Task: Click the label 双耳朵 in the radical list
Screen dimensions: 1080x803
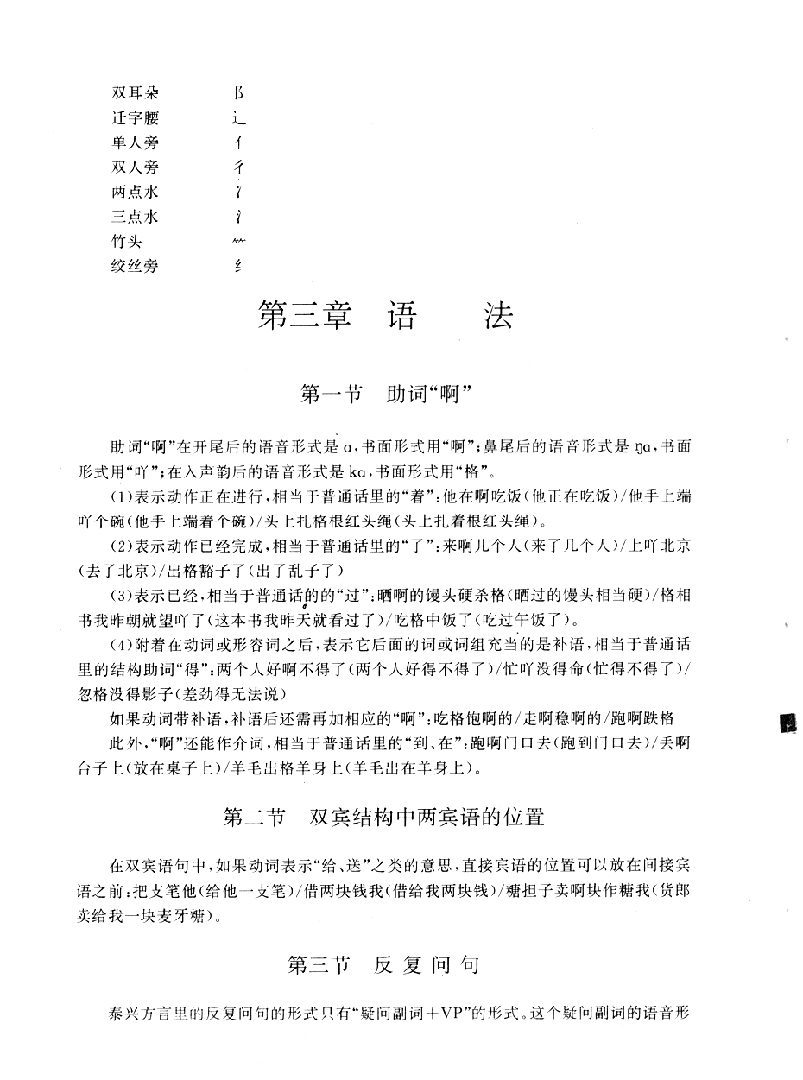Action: click(136, 92)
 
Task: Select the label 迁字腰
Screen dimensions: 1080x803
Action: click(136, 117)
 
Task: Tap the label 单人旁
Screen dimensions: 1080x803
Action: click(136, 142)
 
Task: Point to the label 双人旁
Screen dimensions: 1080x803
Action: click(136, 167)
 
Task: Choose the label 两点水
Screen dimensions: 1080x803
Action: click(136, 192)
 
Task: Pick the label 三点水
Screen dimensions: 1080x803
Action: click(136, 217)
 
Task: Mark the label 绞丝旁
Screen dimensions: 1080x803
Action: click(136, 266)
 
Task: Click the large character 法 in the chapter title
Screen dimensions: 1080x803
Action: click(496, 317)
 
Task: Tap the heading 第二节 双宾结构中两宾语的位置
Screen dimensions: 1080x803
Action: click(383, 817)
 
